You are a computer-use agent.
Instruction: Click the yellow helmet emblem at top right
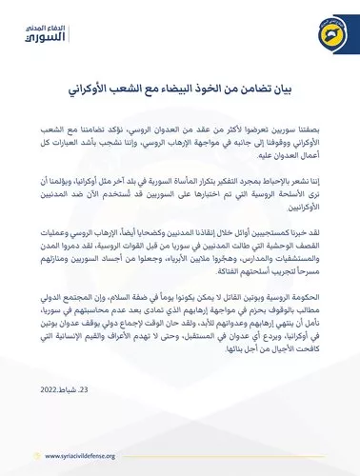coord(322,32)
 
